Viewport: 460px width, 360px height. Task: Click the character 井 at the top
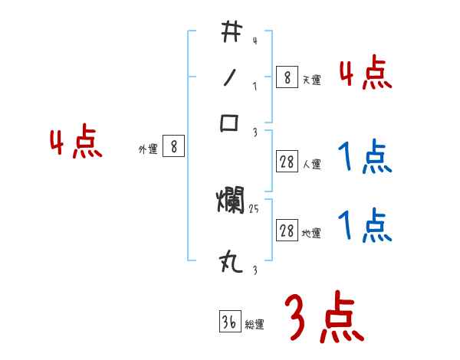(229, 31)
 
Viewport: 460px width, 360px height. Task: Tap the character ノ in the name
(229, 77)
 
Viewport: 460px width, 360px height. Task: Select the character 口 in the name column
(230, 123)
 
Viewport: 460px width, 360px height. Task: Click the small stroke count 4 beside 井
(254, 41)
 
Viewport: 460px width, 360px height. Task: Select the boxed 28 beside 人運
(287, 162)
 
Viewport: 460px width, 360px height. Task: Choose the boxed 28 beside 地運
(287, 231)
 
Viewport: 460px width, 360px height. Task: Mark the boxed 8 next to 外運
(174, 147)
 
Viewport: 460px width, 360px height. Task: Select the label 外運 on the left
(148, 149)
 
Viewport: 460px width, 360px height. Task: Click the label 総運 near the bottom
(255, 325)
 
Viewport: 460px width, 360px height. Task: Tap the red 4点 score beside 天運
(366, 74)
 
